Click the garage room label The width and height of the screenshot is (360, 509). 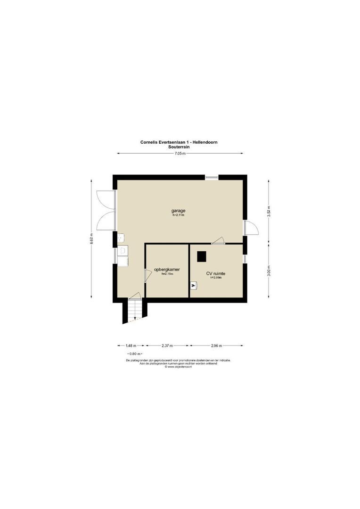click(x=178, y=210)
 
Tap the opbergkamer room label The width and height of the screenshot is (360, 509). click(x=167, y=270)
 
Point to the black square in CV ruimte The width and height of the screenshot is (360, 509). click(x=202, y=256)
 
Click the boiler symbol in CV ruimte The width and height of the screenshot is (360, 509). click(x=194, y=285)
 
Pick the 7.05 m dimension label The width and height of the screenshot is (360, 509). click(x=180, y=154)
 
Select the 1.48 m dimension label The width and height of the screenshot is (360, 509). click(x=131, y=345)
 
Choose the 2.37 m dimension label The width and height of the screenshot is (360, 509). click(x=167, y=345)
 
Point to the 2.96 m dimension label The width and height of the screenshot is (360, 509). click(x=217, y=345)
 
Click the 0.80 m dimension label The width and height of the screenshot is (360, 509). click(x=135, y=353)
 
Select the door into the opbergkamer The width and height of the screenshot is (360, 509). click(x=147, y=275)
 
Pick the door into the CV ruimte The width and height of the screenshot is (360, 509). click(x=218, y=241)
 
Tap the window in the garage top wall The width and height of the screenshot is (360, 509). click(x=212, y=177)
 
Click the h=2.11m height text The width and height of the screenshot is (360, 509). click(x=178, y=215)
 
